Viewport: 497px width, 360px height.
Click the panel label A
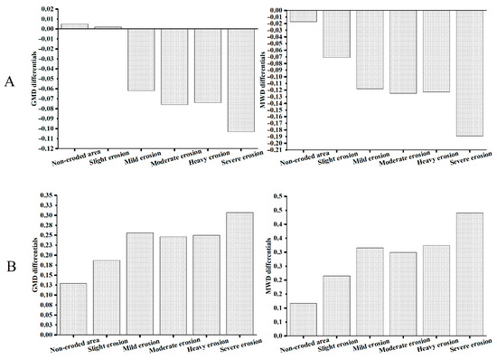click(10, 82)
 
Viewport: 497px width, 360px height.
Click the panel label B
click(10, 267)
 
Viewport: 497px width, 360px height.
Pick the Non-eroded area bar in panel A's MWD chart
click(303, 15)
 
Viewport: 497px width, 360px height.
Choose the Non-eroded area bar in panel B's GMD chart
click(74, 308)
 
